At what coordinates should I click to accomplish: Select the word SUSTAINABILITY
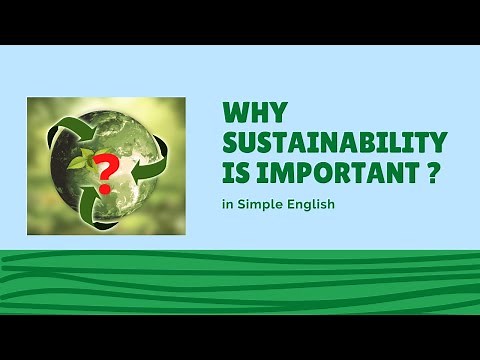tap(335, 140)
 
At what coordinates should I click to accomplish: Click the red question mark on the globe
tap(106, 170)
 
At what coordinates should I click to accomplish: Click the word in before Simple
tap(229, 206)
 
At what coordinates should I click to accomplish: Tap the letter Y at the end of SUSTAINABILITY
tap(438, 140)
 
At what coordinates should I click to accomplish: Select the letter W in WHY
tap(233, 111)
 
